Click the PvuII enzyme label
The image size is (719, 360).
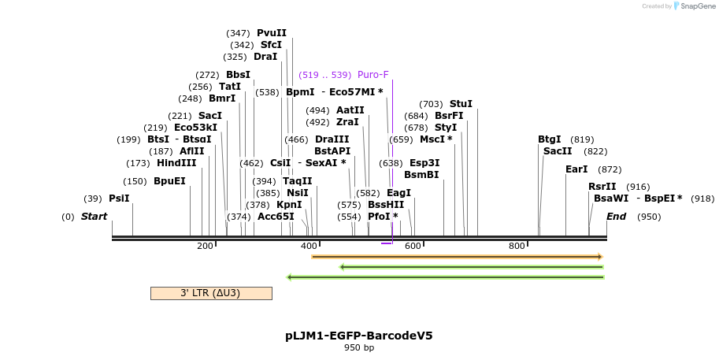point(272,33)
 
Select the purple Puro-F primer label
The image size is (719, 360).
point(373,75)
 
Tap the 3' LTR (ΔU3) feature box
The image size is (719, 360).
point(211,293)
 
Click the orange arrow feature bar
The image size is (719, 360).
point(457,257)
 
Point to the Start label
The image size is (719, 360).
point(95,217)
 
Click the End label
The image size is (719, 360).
point(617,217)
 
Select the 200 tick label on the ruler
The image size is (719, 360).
point(205,246)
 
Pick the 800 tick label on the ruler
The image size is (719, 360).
point(517,246)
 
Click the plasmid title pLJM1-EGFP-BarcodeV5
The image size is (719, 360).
point(359,336)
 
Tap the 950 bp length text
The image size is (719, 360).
point(359,347)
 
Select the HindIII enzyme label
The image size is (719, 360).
point(176,163)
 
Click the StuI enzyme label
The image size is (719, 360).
point(461,104)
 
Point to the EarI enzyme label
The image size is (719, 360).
point(576,169)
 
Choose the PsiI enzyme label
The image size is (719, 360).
point(119,199)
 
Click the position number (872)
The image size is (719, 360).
point(610,169)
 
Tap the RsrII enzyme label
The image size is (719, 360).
point(602,187)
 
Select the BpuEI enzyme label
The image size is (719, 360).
point(169,181)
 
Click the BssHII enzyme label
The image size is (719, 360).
point(386,205)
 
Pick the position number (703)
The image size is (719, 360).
point(431,104)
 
